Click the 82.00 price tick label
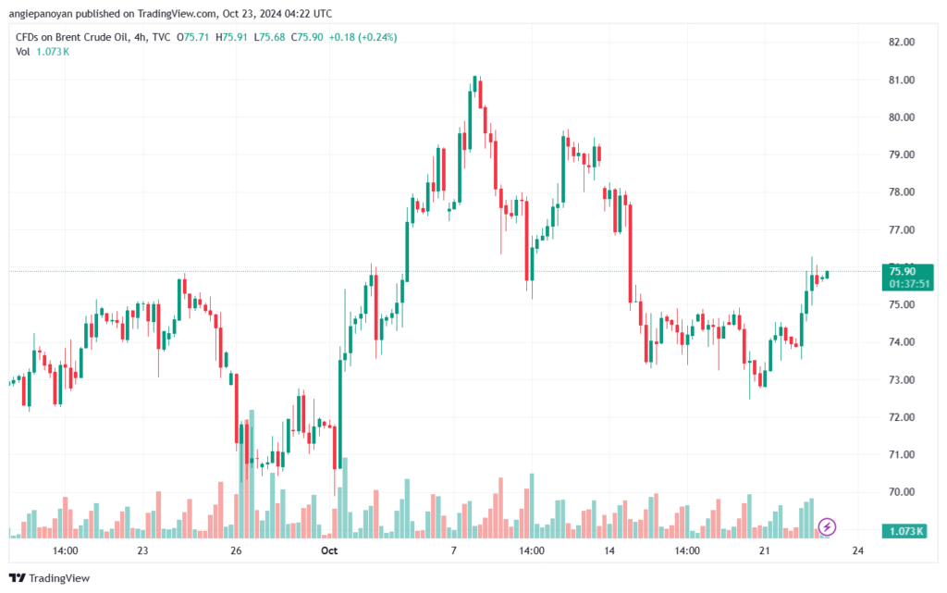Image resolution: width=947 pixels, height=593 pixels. click(901, 43)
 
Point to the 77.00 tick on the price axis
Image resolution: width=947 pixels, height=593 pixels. click(901, 230)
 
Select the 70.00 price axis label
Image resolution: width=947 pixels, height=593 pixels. click(901, 492)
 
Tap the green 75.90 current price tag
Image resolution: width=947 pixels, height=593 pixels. click(908, 278)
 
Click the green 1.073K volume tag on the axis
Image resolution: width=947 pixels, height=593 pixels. click(904, 531)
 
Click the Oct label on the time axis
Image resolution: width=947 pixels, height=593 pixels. click(329, 550)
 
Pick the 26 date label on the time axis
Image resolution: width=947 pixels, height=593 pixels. click(236, 550)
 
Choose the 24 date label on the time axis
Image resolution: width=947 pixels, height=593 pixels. click(857, 550)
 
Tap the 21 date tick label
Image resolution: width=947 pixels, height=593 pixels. click(765, 550)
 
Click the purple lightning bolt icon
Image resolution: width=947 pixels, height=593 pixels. click(827, 527)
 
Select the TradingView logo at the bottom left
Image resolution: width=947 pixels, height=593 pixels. click(50, 578)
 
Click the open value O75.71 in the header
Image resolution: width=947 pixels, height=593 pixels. click(192, 37)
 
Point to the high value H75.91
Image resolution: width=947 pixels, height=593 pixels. click(231, 37)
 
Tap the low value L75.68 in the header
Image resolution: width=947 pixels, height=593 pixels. click(269, 37)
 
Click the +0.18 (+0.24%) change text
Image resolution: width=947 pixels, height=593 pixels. click(363, 37)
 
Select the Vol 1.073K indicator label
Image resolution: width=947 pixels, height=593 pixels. click(43, 52)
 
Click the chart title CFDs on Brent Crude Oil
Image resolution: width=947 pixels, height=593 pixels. click(72, 37)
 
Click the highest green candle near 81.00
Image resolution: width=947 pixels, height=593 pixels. click(474, 85)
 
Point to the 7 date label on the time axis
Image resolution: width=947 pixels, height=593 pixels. click(453, 550)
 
